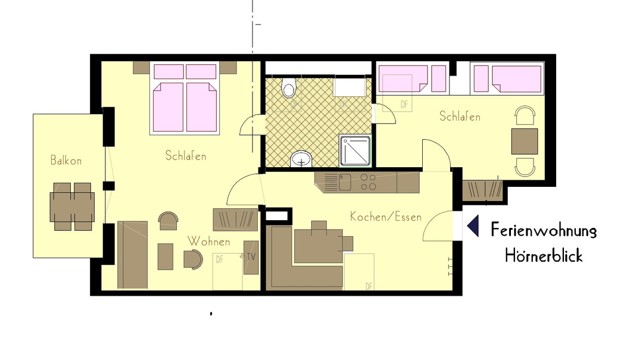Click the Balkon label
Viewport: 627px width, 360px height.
(65, 160)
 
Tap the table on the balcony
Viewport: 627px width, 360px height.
(73, 206)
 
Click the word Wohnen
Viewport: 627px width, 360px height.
(209, 241)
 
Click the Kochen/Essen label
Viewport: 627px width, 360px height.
(385, 217)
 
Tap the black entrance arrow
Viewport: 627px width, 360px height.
(473, 226)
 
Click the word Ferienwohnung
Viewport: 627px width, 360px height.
(543, 230)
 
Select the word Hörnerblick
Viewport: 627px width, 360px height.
(543, 256)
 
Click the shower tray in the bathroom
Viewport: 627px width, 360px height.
(355, 151)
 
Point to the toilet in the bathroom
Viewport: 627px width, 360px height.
(289, 88)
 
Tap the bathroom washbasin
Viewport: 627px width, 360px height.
(302, 159)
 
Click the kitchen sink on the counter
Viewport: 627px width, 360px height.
(345, 182)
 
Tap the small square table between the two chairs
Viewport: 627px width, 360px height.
(525, 141)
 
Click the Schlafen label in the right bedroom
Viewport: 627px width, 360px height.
(460, 116)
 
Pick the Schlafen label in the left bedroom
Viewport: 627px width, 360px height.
(186, 156)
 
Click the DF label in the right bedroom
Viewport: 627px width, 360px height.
(405, 105)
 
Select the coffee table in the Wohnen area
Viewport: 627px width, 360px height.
(166, 256)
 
